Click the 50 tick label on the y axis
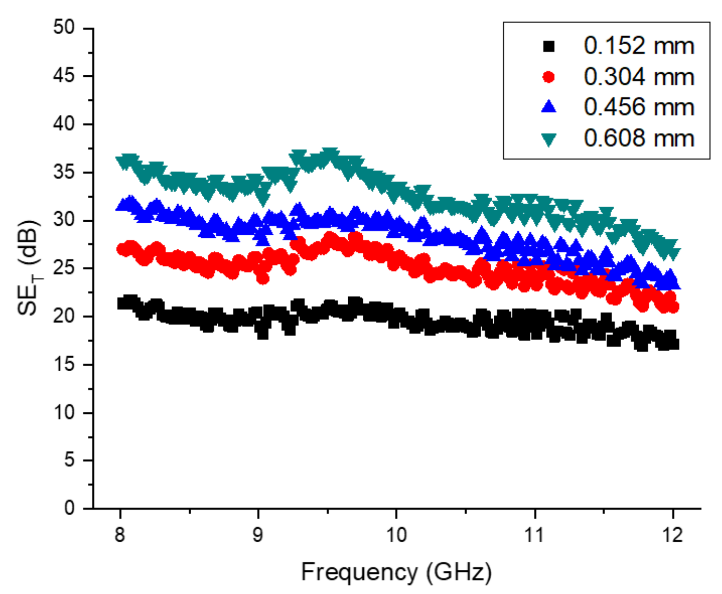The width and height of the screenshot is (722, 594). click(64, 27)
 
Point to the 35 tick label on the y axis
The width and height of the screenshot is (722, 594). click(64, 172)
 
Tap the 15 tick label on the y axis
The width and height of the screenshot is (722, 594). click(64, 364)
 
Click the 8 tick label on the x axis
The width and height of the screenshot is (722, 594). click(120, 535)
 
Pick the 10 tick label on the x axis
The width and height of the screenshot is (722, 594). click(396, 535)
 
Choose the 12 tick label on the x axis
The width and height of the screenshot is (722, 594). click(673, 535)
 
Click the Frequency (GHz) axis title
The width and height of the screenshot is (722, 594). click(396, 572)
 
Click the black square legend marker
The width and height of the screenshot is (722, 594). click(549, 46)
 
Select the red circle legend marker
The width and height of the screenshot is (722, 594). click(549, 77)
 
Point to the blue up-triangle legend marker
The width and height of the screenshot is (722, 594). click(549, 107)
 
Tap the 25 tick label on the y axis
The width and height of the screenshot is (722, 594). click(64, 268)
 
